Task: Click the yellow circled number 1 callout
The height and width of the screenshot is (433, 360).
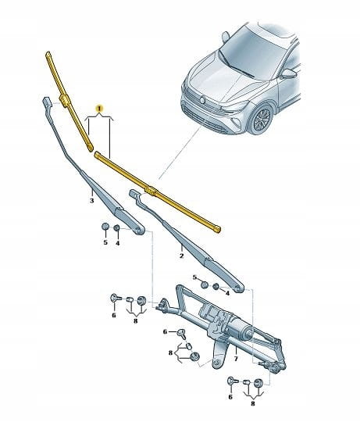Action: [99, 109]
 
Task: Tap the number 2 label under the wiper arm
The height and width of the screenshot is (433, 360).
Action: [181, 256]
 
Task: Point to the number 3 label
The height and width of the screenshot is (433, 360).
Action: [91, 201]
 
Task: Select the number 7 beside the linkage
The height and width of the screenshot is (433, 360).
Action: [236, 359]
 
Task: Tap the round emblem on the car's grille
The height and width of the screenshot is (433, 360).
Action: [203, 100]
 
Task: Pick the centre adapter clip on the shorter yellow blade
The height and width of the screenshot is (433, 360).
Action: [65, 100]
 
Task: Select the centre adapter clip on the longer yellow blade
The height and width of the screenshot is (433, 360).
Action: [151, 190]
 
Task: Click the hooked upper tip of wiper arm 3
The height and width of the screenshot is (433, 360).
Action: [46, 102]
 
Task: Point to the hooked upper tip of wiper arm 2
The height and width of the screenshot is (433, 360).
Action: [134, 193]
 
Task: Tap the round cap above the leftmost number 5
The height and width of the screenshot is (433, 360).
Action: [105, 227]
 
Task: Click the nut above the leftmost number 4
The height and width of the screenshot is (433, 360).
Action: [116, 227]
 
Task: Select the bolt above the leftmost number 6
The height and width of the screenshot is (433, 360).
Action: [115, 299]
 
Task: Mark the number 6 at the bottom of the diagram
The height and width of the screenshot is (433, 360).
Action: [230, 397]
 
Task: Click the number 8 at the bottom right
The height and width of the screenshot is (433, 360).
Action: [253, 403]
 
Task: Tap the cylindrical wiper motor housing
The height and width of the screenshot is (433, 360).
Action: [244, 328]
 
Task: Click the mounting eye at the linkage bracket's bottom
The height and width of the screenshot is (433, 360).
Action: [216, 363]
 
